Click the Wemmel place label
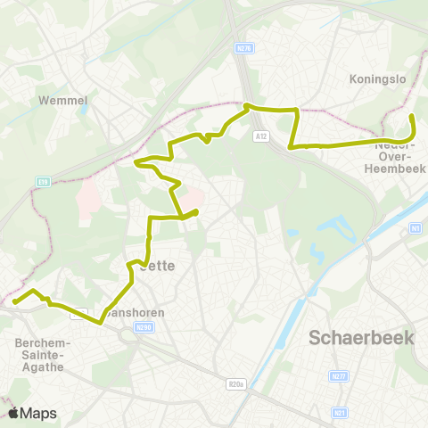pos(62,101)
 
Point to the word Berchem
pos(37,342)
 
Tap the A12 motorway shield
pos(260,136)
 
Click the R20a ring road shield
pos(235,385)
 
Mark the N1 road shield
pos(416,229)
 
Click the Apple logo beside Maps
pos(14,413)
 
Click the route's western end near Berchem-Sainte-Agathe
pos(15,301)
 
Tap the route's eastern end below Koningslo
pos(411,117)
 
